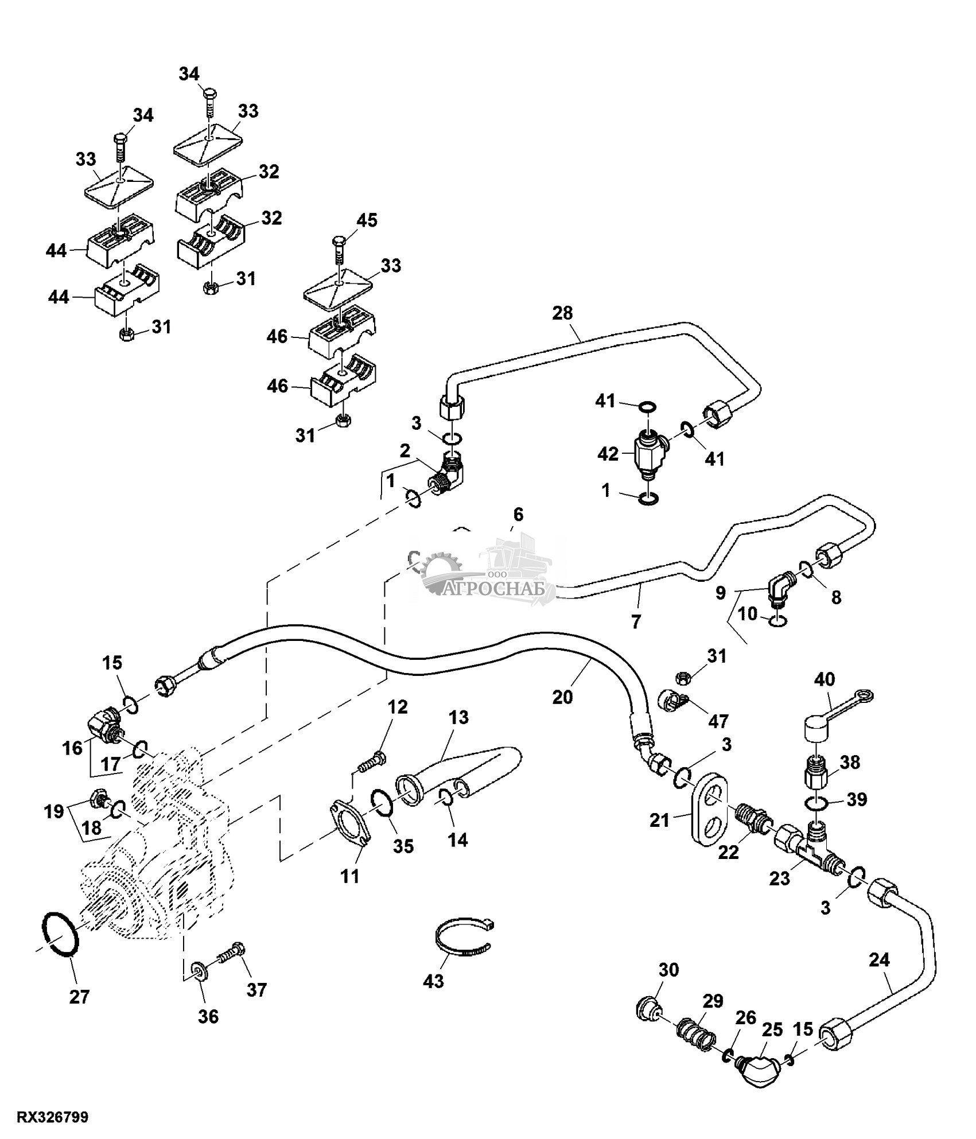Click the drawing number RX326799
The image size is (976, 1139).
(x=53, y=1117)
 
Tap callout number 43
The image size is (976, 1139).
(x=433, y=982)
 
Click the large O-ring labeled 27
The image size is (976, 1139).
(x=58, y=938)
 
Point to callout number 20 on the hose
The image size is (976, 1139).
(x=563, y=697)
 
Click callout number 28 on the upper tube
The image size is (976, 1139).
(x=563, y=313)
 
